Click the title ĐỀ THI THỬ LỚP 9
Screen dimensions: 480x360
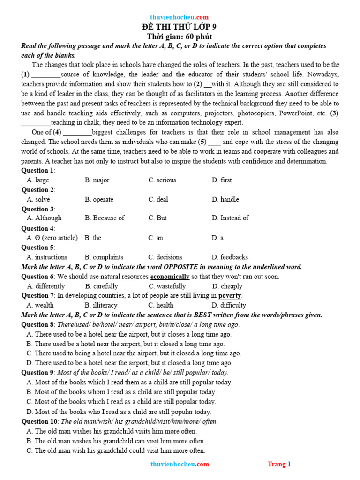click(180, 27)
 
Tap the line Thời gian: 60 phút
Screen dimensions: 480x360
click(180, 37)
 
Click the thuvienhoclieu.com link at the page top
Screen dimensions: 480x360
click(180, 17)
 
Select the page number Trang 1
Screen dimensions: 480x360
click(279, 464)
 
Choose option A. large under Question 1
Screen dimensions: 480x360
click(38, 180)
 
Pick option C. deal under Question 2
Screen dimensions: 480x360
click(158, 199)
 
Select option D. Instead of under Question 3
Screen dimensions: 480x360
click(230, 218)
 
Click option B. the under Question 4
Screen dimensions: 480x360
click(93, 238)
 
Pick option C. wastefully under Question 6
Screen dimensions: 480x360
click(167, 286)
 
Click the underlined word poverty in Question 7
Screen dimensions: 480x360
click(230, 296)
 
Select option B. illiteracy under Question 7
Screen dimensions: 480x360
click(101, 305)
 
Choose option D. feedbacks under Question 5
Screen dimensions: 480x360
click(230, 257)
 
